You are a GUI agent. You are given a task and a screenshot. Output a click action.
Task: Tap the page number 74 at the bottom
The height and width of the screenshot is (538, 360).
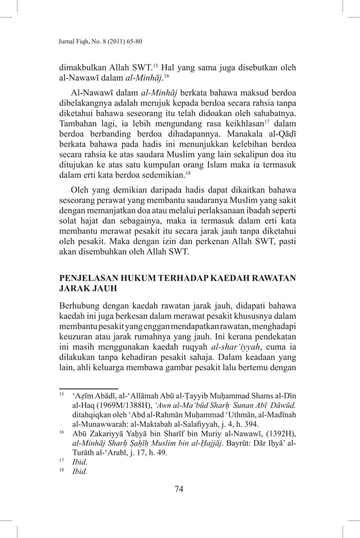click(179, 489)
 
